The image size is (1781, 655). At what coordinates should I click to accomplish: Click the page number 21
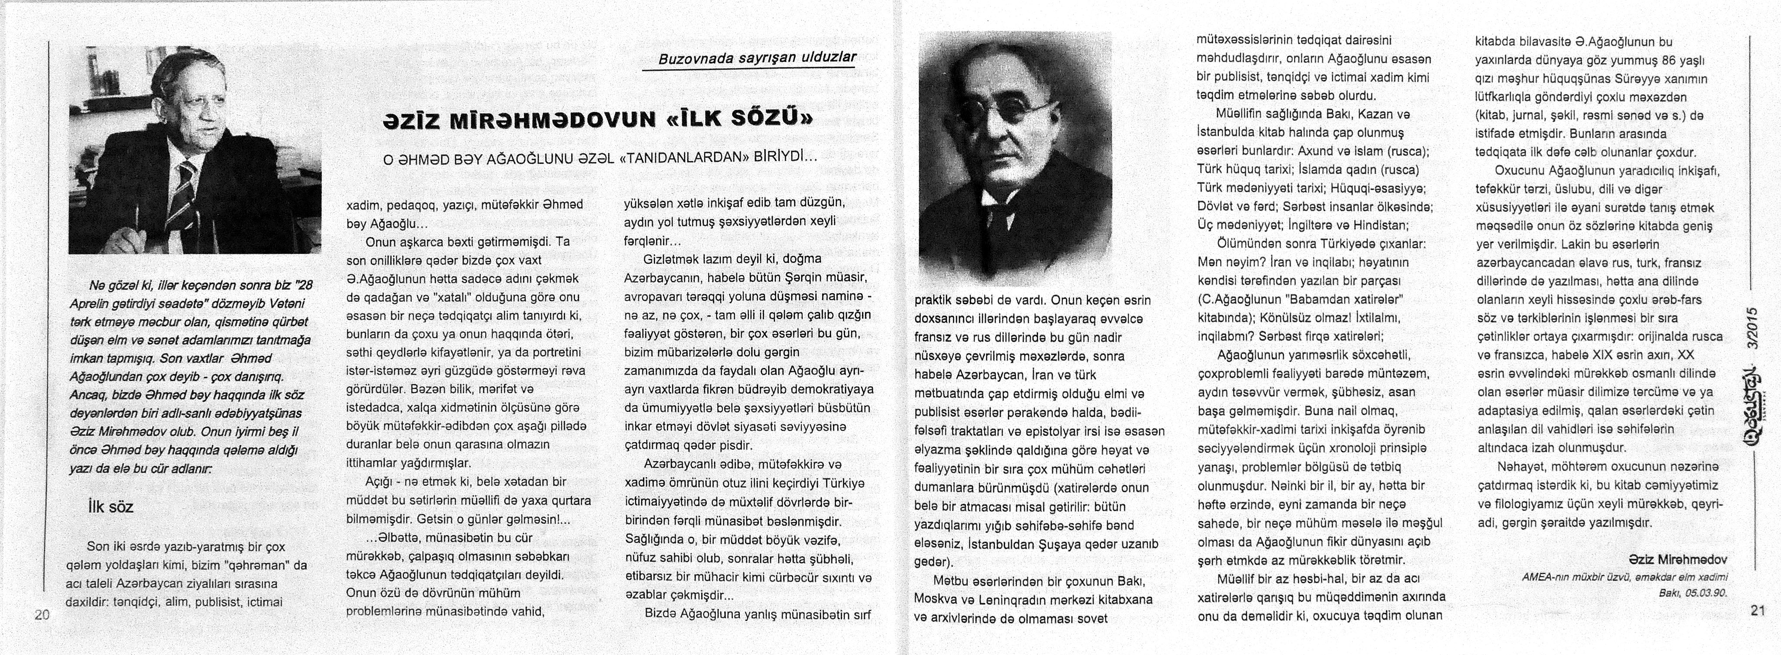click(x=1758, y=611)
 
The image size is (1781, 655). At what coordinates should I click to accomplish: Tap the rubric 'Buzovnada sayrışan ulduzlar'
click(x=757, y=58)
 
